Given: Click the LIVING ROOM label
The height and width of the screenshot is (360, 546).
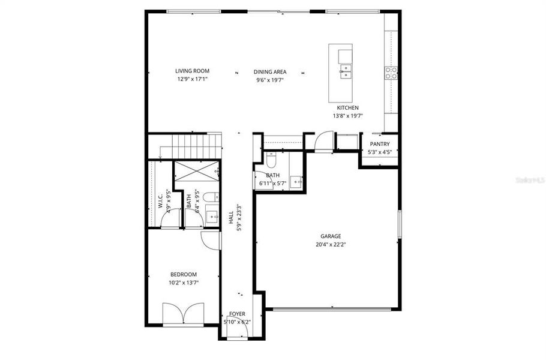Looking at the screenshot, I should [x=192, y=71].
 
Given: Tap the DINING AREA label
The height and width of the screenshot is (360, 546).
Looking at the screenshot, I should [x=269, y=71].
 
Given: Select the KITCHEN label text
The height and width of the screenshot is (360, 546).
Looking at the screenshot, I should [x=348, y=108].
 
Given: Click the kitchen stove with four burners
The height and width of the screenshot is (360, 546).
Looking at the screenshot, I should [x=391, y=73].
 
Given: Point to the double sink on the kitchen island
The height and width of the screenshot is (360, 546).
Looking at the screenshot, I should [x=345, y=72].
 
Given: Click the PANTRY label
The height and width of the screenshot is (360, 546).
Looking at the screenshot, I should [x=380, y=144].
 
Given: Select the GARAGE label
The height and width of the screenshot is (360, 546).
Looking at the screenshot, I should [x=330, y=236].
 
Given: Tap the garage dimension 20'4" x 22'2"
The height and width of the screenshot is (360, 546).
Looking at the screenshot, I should [x=331, y=245].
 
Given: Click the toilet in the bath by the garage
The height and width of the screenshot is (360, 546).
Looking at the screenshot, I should [x=271, y=161].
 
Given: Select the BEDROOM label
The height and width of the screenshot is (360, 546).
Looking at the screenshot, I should [x=184, y=274].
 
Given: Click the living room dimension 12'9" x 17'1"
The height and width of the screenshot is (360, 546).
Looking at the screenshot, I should [x=192, y=79].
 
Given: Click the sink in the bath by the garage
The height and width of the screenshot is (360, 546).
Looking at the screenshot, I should [x=295, y=180].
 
